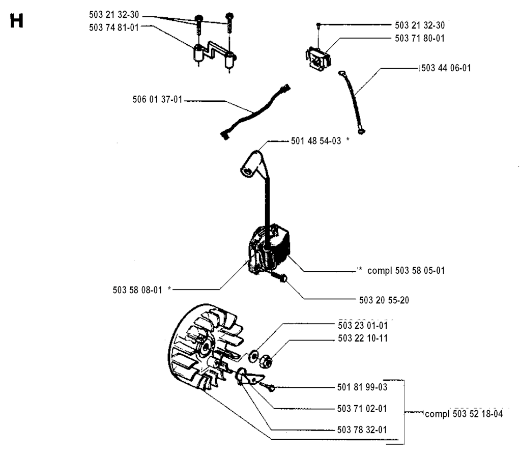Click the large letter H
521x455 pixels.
(17, 21)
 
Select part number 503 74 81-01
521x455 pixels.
(114, 27)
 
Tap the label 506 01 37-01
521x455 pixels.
(158, 99)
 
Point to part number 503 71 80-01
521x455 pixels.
(420, 38)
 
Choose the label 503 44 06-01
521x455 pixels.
(446, 68)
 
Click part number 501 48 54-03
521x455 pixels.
(316, 141)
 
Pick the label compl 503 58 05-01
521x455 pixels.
(406, 271)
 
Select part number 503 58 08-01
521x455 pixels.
(137, 290)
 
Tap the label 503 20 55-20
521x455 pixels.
(384, 300)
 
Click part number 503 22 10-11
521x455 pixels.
(363, 338)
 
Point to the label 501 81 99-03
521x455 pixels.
(362, 387)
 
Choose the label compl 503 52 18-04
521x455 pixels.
(464, 414)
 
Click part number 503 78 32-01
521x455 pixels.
(362, 430)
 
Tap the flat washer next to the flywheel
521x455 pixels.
(254, 356)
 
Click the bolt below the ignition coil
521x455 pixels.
(278, 276)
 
